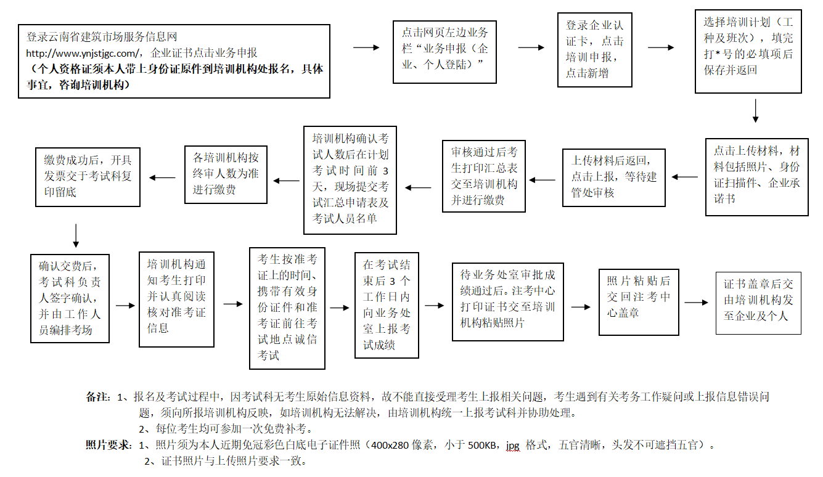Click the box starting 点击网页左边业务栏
(444, 52)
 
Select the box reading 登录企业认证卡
(594, 51)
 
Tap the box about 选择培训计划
(748, 51)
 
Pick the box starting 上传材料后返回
(613, 177)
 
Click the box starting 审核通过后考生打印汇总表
(484, 176)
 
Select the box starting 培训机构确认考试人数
(350, 180)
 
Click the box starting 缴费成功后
(88, 176)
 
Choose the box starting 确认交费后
(70, 298)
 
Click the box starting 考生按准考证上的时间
(287, 308)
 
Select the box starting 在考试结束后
(387, 305)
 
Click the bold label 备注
(97, 397)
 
